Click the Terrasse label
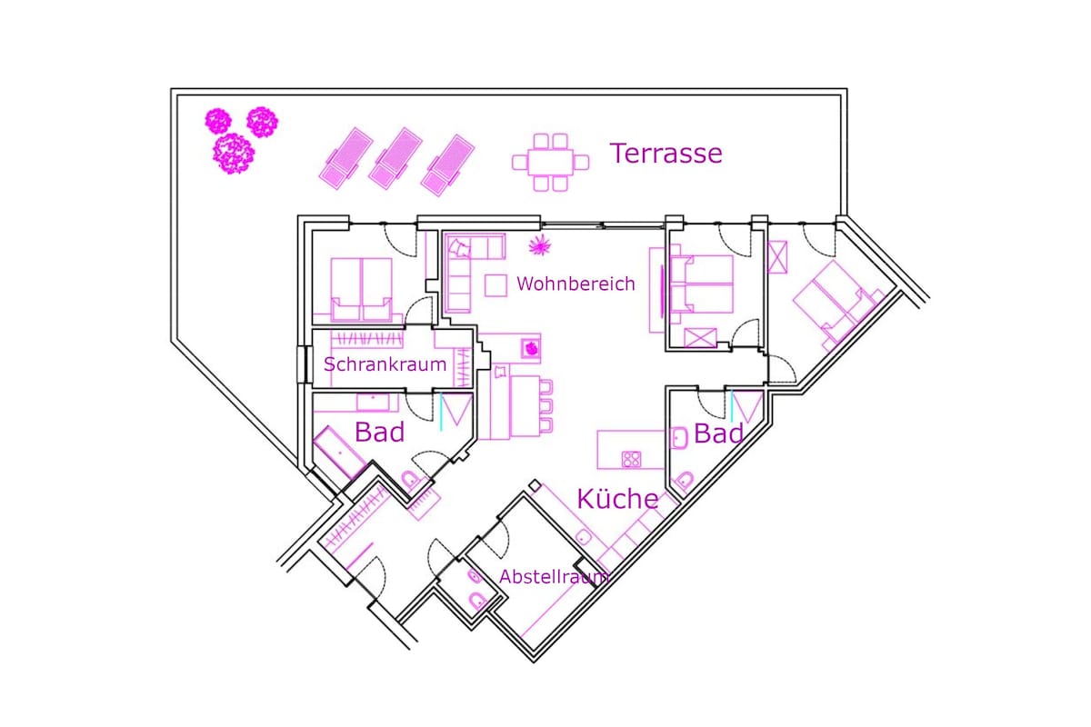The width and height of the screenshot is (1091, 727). click(666, 154)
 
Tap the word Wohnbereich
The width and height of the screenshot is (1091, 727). click(576, 284)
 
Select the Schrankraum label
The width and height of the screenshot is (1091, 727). click(385, 364)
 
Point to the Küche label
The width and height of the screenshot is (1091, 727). click(617, 499)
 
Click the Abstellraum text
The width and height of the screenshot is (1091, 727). click(554, 577)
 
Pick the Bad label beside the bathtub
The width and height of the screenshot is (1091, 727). click(379, 432)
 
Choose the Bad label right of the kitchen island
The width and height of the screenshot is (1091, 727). click(718, 433)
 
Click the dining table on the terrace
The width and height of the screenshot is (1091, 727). click(550, 163)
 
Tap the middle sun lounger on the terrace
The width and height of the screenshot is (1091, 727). click(396, 158)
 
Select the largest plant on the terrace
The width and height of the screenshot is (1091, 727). click(234, 154)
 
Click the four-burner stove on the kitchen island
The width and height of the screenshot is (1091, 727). click(631, 459)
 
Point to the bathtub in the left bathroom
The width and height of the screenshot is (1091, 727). click(339, 453)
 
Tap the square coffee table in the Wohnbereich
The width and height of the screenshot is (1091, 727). click(495, 285)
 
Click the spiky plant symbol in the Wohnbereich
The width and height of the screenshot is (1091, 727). click(540, 245)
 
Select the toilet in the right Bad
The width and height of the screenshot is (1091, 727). click(685, 480)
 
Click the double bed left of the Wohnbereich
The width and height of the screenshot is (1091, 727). click(362, 290)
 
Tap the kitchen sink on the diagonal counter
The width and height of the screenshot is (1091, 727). click(584, 538)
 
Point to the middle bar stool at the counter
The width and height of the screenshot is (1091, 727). click(546, 405)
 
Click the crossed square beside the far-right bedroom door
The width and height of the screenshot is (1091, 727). click(777, 257)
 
